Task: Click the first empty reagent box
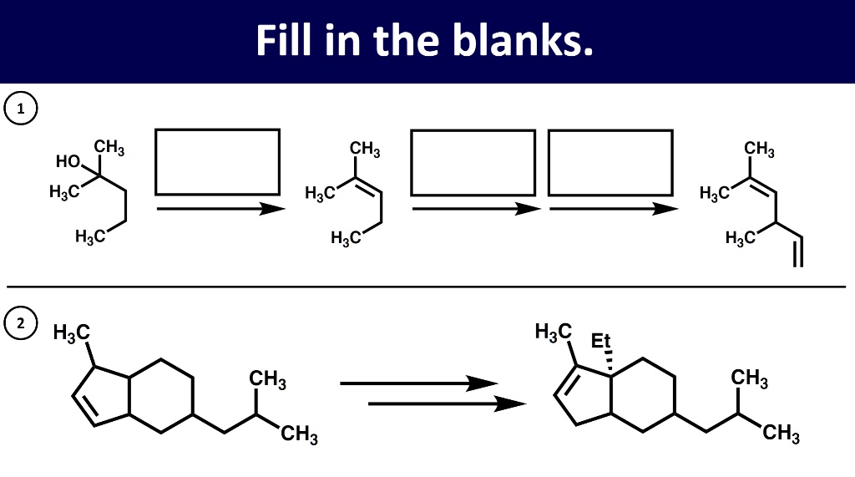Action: tap(218, 161)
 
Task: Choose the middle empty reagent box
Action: tap(473, 161)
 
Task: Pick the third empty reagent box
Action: tap(610, 161)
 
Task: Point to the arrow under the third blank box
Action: tap(614, 209)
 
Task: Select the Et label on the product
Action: tap(601, 341)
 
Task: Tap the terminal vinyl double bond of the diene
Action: tap(797, 251)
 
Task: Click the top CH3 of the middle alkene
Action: tap(365, 150)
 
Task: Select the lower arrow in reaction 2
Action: tap(447, 403)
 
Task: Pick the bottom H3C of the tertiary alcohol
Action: tap(90, 237)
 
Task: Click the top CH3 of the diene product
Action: tap(759, 150)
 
